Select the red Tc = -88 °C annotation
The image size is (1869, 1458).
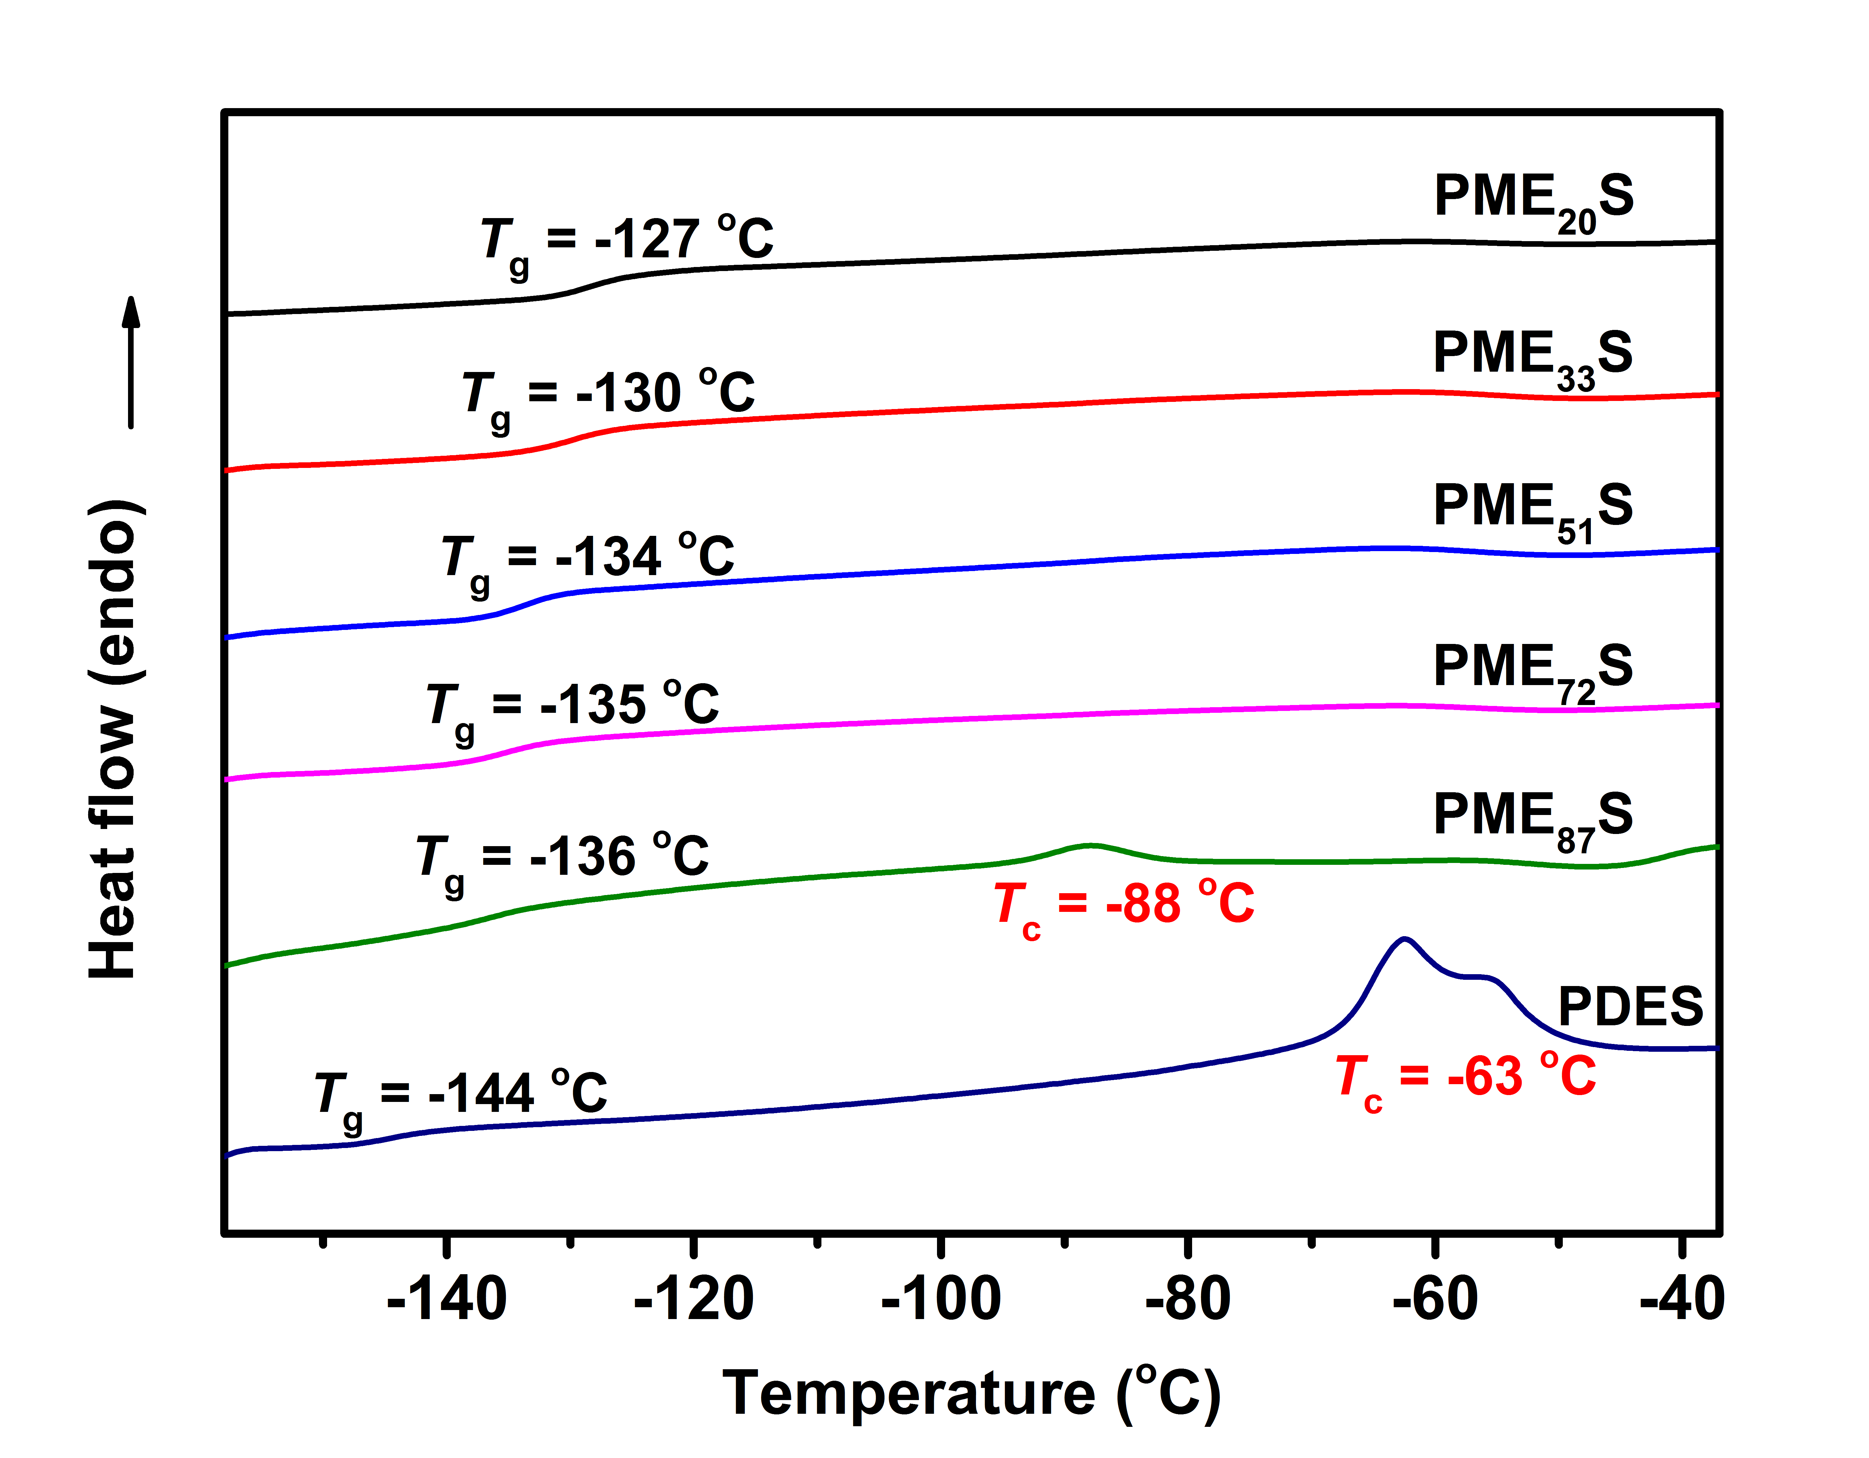point(1124,909)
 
